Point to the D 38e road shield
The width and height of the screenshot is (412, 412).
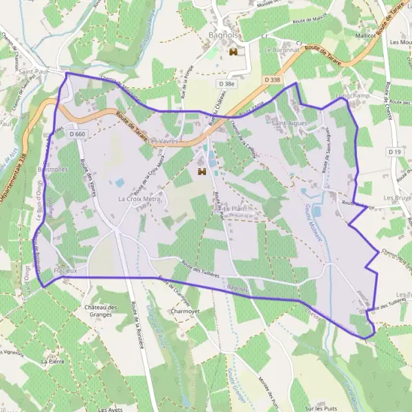coord(225,84)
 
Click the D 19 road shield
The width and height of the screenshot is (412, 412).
coord(393,151)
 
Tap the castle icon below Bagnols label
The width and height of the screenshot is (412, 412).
coord(233,52)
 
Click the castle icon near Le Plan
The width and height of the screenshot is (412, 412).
coord(202,171)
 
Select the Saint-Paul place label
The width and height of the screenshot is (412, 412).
coord(32,71)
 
